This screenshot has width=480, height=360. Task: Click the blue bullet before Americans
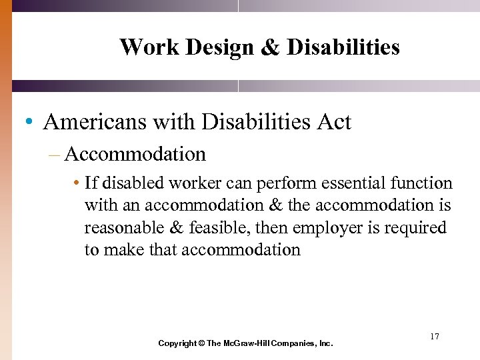pos(28,123)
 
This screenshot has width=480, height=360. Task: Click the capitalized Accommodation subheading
pos(135,155)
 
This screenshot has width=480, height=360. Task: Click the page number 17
pos(434,337)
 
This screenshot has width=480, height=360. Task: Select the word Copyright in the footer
pos(177,343)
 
